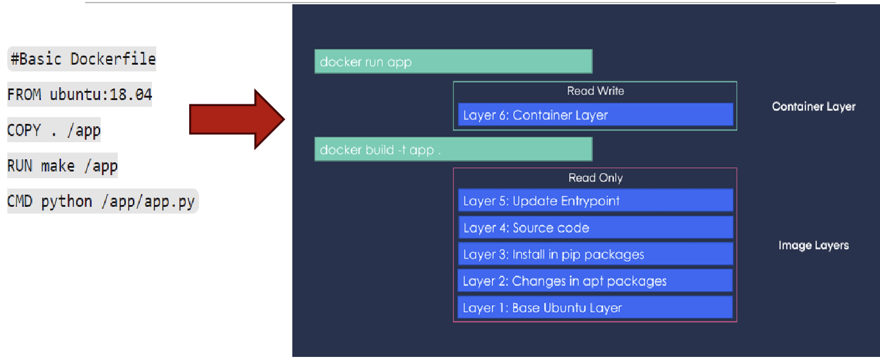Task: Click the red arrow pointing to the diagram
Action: click(x=235, y=119)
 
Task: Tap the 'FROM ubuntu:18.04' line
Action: click(x=79, y=95)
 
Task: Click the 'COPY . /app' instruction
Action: click(x=54, y=130)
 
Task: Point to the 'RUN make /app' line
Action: click(x=62, y=165)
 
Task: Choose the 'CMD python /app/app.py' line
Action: click(x=103, y=201)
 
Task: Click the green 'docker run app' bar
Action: click(x=453, y=62)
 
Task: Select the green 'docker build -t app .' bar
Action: click(x=453, y=149)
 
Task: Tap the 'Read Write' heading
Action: click(x=595, y=91)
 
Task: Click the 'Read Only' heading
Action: click(x=595, y=178)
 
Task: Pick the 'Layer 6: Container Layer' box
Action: click(x=595, y=115)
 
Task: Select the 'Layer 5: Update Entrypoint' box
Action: click(x=595, y=201)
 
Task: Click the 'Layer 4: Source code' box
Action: click(x=595, y=228)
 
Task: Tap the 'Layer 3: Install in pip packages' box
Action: click(x=595, y=254)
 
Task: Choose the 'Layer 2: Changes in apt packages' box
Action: click(x=595, y=281)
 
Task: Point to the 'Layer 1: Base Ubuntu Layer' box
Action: click(x=595, y=308)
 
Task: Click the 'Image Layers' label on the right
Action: click(x=813, y=245)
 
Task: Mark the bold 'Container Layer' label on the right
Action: click(x=813, y=107)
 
